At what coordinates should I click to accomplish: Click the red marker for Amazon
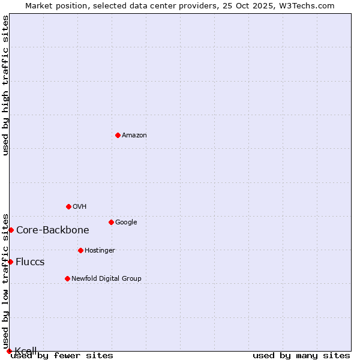click(118, 135)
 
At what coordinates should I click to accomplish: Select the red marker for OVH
click(68, 206)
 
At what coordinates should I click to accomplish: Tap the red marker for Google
click(111, 222)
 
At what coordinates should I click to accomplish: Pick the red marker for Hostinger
click(80, 250)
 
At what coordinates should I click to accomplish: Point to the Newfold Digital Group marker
click(67, 278)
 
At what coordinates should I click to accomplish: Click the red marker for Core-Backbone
click(11, 230)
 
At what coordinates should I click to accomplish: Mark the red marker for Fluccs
click(10, 262)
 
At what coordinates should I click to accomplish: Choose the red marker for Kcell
click(9, 351)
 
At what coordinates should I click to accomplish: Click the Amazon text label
click(134, 136)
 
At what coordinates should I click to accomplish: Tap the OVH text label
click(80, 207)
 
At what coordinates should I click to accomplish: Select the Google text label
click(126, 223)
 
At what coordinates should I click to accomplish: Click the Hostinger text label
click(100, 251)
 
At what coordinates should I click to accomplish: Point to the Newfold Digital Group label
click(106, 279)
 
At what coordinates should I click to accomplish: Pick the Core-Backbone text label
click(53, 230)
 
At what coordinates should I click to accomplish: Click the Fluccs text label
click(30, 262)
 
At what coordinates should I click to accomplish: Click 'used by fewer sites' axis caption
click(62, 356)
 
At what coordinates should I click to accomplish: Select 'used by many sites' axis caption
click(301, 356)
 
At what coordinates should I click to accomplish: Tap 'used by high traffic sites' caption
click(6, 85)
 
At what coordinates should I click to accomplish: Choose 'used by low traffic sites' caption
click(6, 281)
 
